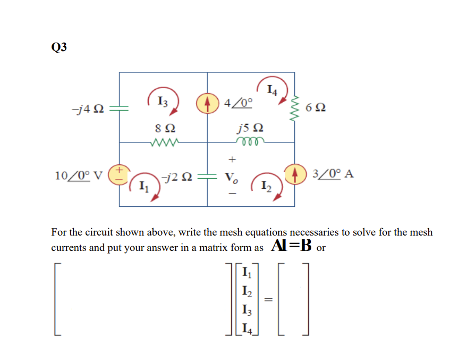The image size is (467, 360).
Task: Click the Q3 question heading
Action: (x=58, y=48)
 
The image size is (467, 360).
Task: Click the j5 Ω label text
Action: (x=249, y=129)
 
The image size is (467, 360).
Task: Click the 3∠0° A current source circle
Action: (x=294, y=174)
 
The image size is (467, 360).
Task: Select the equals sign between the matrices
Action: (x=269, y=300)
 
